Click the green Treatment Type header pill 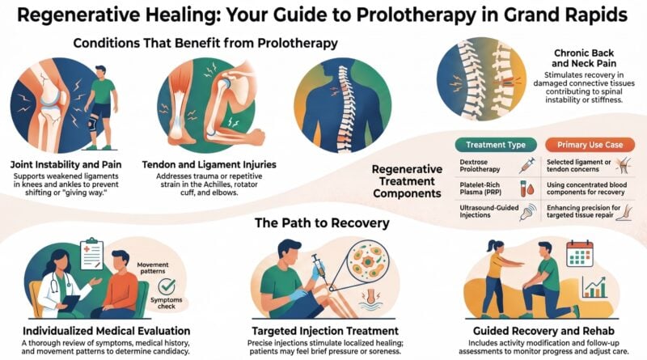(496, 145)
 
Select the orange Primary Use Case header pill (590, 145)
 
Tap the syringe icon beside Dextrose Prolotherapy (527, 165)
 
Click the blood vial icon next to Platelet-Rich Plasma (527, 188)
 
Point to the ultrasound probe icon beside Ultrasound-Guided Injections (528, 211)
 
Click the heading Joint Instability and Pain (66, 165)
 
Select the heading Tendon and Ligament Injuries (209, 165)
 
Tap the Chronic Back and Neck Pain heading (584, 58)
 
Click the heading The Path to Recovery (322, 223)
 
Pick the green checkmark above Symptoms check (167, 286)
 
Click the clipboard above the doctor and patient (91, 254)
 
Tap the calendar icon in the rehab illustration (579, 253)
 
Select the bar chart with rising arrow (594, 287)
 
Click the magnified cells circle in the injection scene (368, 261)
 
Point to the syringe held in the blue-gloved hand (320, 269)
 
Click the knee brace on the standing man (92, 123)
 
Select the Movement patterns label (153, 268)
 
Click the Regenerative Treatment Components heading (407, 181)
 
